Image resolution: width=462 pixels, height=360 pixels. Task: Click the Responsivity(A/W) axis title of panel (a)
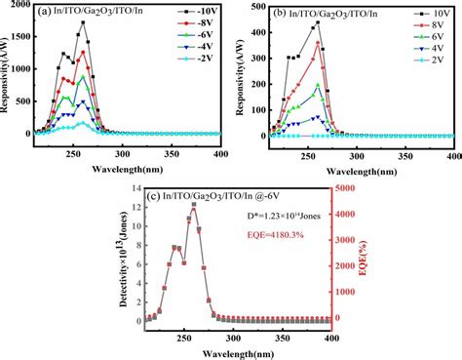7,70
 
